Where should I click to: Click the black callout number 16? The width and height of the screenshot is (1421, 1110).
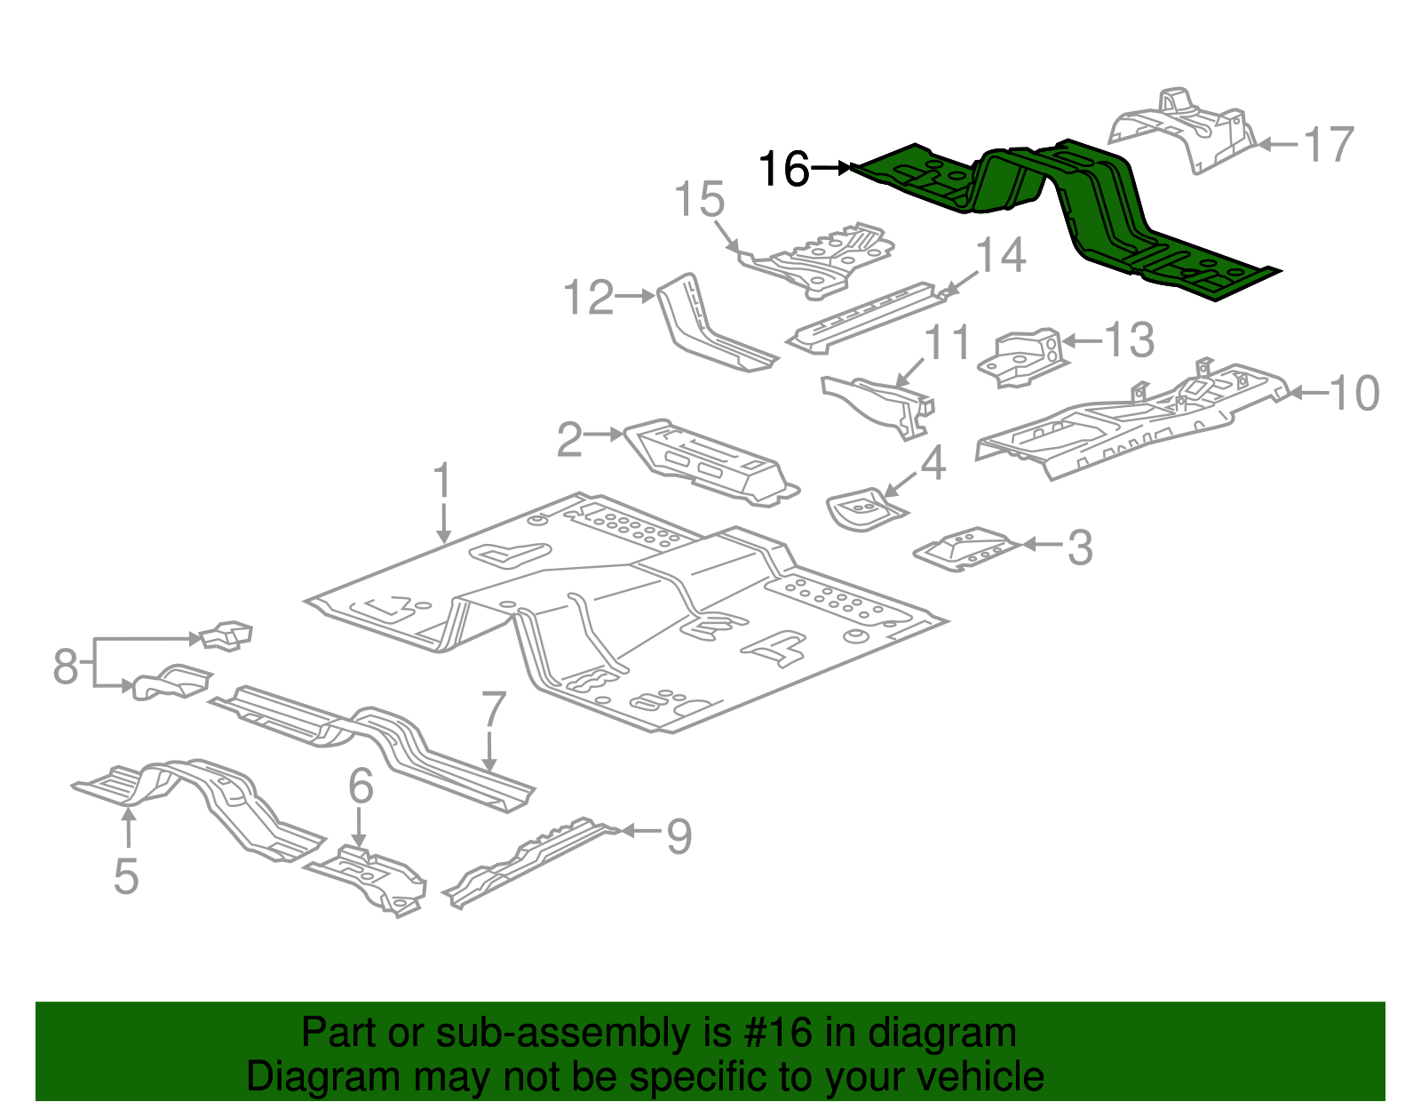click(x=783, y=169)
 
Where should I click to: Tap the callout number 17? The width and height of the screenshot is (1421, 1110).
click(x=1329, y=145)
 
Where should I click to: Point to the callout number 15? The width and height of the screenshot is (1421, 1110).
click(x=699, y=200)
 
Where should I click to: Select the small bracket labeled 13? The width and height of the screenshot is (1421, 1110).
click(x=1021, y=357)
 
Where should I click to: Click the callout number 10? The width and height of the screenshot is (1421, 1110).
click(x=1354, y=393)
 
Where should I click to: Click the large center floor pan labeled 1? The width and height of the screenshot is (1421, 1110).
click(x=622, y=613)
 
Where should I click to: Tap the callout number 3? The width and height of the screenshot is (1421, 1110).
click(x=1079, y=547)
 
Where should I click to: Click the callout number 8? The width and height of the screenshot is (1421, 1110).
click(x=65, y=665)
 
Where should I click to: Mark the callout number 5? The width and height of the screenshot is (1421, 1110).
click(x=126, y=876)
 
